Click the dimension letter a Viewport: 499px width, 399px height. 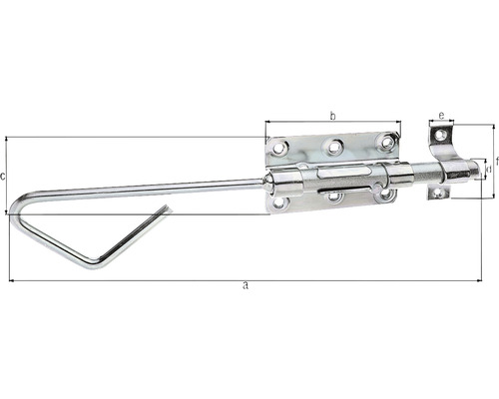pyautogui.click(x=246, y=287)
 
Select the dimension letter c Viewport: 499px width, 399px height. pyautogui.click(x=5, y=177)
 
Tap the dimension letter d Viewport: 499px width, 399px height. pyautogui.click(x=486, y=170)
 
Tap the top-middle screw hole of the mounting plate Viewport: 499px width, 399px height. pyautogui.click(x=333, y=146)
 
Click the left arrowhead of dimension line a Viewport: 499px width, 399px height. pyautogui.click(x=11, y=280)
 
